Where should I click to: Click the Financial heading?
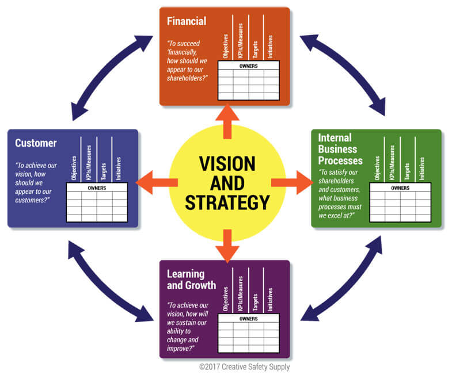click(186, 22)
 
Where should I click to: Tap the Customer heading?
click(35, 143)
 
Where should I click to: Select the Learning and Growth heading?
click(192, 279)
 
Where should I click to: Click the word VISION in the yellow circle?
click(227, 164)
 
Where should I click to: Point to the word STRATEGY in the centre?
click(227, 202)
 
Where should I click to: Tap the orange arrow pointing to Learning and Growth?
click(227, 245)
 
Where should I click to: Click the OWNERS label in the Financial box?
click(248, 66)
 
